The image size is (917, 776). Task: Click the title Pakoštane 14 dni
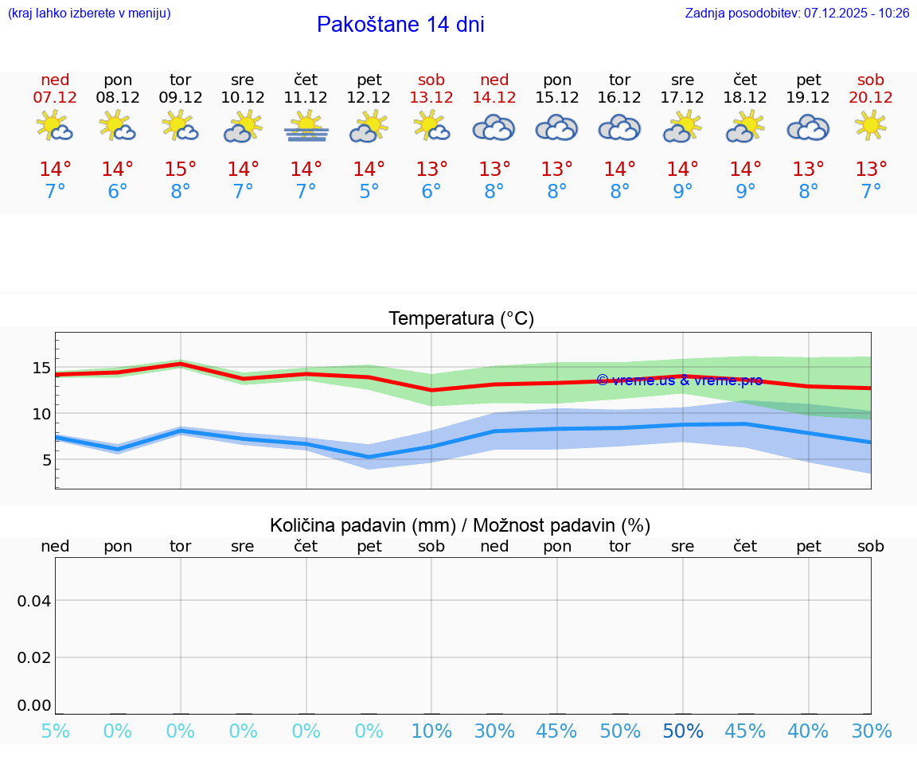point(400,25)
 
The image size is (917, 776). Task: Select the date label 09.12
point(181,97)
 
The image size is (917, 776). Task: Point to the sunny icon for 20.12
point(871,126)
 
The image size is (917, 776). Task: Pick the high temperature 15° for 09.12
point(181,170)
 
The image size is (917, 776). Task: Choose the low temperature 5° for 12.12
point(369,192)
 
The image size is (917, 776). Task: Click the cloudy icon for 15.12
point(556,127)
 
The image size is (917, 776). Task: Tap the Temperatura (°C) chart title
point(461,318)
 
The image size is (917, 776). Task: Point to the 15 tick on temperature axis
point(41,368)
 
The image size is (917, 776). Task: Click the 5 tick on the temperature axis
point(46,460)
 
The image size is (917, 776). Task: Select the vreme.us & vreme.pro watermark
point(679,380)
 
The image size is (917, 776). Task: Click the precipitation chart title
point(460,525)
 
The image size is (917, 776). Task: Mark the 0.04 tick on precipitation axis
point(34,600)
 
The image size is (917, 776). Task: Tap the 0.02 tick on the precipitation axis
point(34,657)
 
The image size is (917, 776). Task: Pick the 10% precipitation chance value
point(431,731)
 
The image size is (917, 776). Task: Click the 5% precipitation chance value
point(55,731)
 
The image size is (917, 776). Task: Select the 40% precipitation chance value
point(808,731)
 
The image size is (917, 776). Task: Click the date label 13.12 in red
point(431,97)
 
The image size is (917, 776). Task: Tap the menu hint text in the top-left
point(89,13)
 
